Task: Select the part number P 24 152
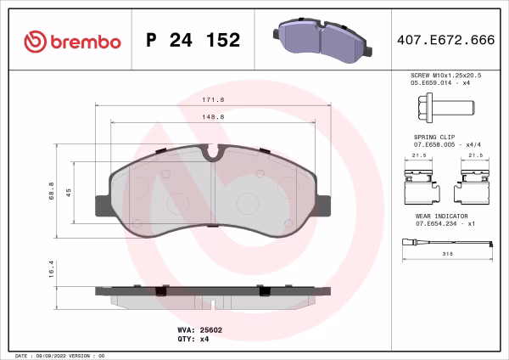(193, 41)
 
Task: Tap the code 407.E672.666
(446, 41)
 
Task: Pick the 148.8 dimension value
(213, 116)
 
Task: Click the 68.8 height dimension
(52, 188)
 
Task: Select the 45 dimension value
(69, 191)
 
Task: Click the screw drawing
(445, 109)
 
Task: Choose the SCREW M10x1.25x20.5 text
(445, 76)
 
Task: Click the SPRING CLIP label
(433, 136)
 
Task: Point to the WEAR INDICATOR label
(437, 217)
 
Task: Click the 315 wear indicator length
(445, 254)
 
